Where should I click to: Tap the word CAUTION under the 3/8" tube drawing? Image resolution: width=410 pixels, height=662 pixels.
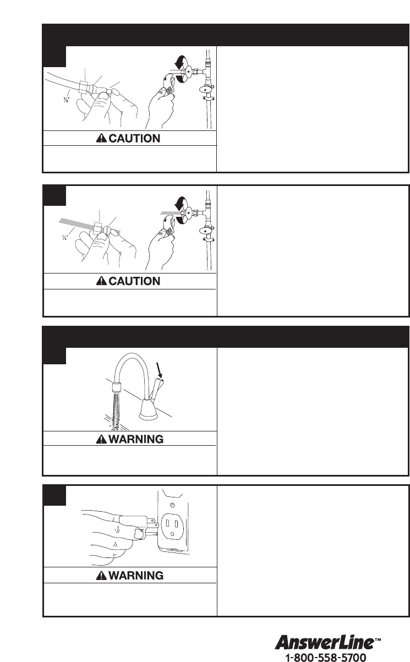pyautogui.click(x=134, y=138)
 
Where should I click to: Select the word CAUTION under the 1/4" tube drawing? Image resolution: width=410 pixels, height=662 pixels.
pyautogui.click(x=134, y=281)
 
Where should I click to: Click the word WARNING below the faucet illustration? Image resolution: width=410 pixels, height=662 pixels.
pyautogui.click(x=136, y=439)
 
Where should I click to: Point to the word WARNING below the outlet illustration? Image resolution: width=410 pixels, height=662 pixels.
pyautogui.click(x=136, y=576)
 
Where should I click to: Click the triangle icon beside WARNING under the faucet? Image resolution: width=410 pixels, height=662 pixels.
pyautogui.click(x=101, y=440)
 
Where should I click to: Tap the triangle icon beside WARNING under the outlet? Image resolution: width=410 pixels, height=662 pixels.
pyautogui.click(x=101, y=576)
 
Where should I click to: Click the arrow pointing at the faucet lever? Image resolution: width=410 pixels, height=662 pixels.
pyautogui.click(x=160, y=370)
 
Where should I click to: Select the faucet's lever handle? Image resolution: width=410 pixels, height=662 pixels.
pyautogui.click(x=156, y=388)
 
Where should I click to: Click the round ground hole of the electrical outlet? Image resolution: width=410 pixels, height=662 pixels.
pyautogui.click(x=172, y=534)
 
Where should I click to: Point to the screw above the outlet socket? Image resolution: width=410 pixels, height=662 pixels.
pyautogui.click(x=173, y=505)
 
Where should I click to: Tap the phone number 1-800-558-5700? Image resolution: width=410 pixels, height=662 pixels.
pyautogui.click(x=325, y=657)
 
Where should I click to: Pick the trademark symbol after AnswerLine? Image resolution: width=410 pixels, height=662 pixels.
pyautogui.click(x=378, y=639)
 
